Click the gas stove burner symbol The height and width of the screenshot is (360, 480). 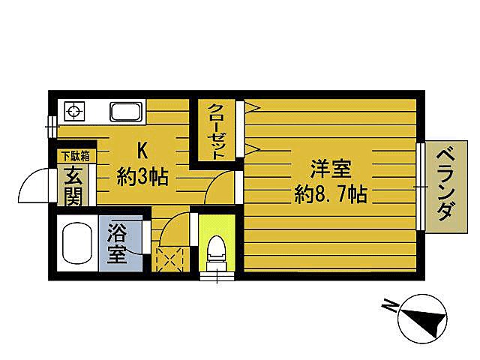point(74,112)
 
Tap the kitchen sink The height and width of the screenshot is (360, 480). point(126,112)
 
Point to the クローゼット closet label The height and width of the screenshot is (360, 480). point(217,131)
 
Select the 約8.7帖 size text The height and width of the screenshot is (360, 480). point(330,196)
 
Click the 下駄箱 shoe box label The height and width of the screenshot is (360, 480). point(75,156)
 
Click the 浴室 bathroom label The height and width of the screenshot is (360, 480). point(118,242)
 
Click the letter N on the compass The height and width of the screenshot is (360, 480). point(390,304)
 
